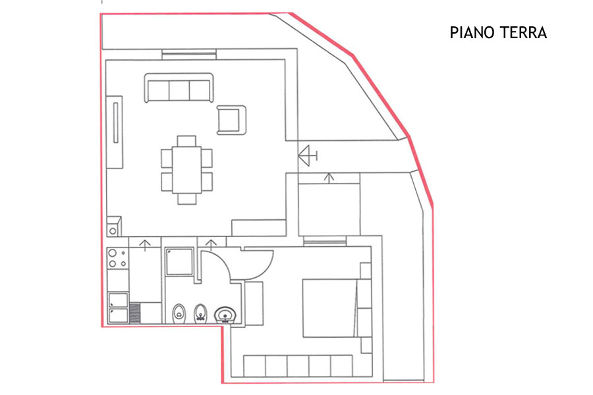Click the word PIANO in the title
click(469, 33)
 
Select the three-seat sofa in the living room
click(179, 88)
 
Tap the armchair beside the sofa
click(231, 120)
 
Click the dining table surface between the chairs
click(186, 170)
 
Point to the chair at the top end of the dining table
click(186, 141)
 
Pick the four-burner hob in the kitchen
click(118, 258)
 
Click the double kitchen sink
click(119, 307)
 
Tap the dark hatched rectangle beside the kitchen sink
click(135, 313)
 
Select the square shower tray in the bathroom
click(180, 261)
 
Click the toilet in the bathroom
click(179, 314)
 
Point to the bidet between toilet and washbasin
click(200, 314)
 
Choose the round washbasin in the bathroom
click(225, 315)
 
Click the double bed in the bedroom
click(329, 308)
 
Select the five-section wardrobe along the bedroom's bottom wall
click(298, 365)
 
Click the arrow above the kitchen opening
click(145, 245)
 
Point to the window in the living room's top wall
click(189, 54)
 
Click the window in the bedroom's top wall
click(324, 241)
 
